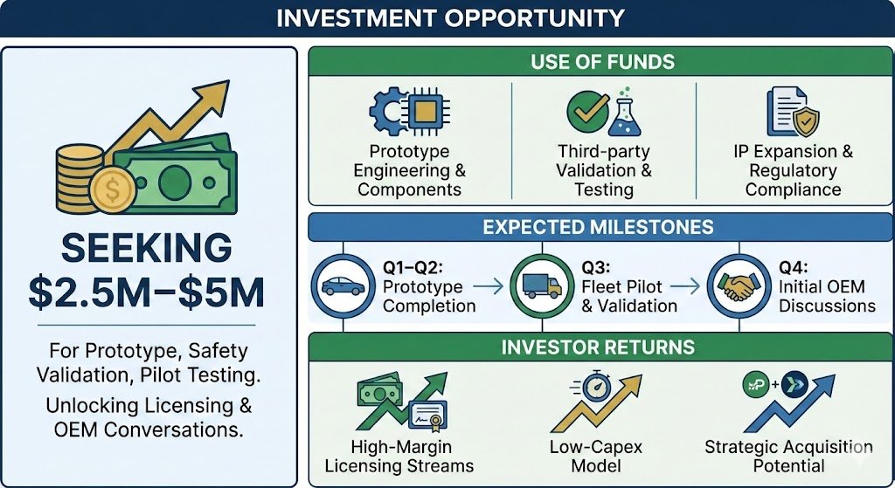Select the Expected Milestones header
click(599, 227)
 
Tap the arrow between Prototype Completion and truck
click(491, 285)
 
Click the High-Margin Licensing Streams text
click(399, 456)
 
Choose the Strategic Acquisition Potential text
click(788, 456)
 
